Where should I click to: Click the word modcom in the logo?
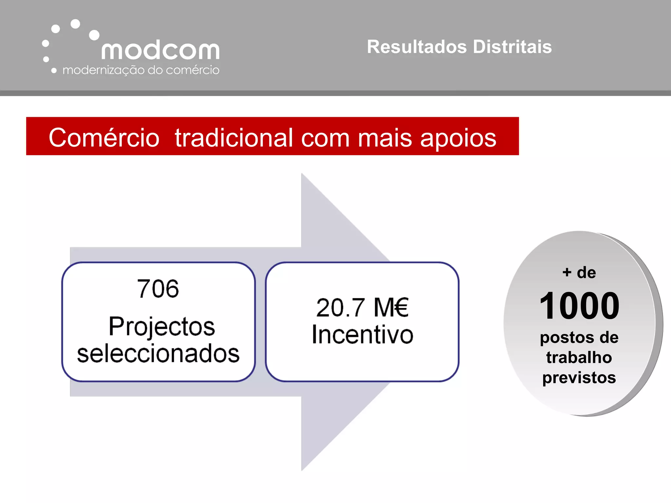160,50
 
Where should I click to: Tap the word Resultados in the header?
417,47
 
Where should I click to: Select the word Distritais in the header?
512,47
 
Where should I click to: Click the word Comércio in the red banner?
104,138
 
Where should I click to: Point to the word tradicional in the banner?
234,138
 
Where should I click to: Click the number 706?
158,289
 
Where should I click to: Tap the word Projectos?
162,327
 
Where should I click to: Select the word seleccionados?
158,354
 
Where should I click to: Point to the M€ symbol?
391,307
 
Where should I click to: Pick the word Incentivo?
362,335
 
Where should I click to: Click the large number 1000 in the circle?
579,306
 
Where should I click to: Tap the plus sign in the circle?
567,272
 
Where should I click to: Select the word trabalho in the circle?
579,357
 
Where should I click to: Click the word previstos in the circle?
579,378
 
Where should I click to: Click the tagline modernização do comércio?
141,70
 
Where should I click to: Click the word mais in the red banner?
385,138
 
